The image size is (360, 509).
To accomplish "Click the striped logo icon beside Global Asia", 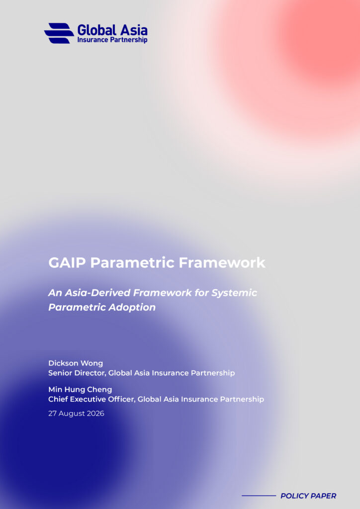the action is point(59,33).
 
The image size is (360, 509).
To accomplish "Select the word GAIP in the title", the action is point(67,262).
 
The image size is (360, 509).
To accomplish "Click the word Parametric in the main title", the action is point(132,262).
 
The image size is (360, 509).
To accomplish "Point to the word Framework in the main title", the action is point(222,262).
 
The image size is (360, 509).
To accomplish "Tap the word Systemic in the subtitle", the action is point(234,293).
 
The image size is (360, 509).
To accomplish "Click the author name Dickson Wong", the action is point(76,363).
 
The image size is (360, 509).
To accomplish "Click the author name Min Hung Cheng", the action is point(80,390).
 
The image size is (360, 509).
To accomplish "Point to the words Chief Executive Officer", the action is point(91,399).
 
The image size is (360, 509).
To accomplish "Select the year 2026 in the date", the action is point(96,414).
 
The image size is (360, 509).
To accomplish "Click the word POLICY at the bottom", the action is point(293,496).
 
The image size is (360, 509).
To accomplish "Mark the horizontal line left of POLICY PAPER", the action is point(259,496).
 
